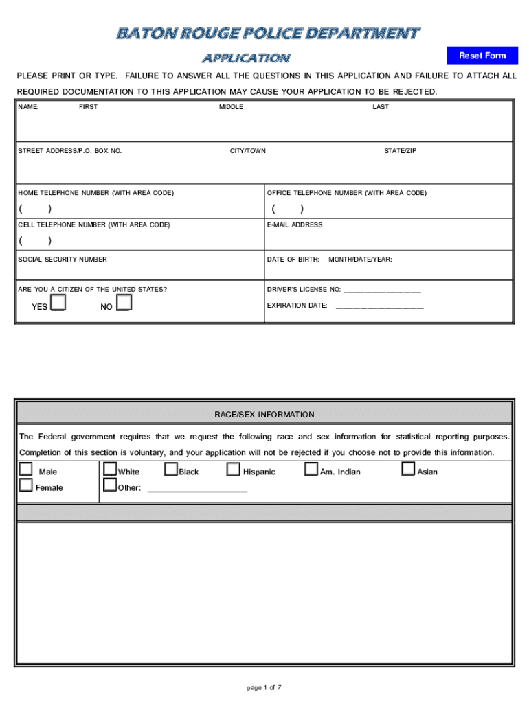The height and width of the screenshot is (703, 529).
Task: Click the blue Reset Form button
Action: point(482,56)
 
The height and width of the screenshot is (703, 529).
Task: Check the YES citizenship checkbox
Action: point(58,302)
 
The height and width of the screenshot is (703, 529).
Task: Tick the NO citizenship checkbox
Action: point(124,302)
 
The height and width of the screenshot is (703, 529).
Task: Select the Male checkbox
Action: point(26,470)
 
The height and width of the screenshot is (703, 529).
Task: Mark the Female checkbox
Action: point(26,485)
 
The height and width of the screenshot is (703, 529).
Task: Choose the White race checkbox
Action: point(110,470)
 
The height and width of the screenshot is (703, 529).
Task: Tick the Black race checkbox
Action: point(171,470)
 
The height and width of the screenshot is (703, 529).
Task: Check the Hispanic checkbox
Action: point(233,470)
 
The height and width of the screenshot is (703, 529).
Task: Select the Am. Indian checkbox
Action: point(311,470)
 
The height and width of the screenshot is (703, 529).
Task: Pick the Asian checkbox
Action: point(409,470)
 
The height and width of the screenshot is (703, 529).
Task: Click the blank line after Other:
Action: point(197,489)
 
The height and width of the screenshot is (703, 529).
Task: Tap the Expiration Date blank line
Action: point(379,306)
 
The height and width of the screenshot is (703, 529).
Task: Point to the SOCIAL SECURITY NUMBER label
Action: point(63,260)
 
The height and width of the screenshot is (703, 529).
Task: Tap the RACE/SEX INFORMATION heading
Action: point(264,415)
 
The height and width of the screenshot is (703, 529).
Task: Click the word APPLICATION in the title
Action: point(245,58)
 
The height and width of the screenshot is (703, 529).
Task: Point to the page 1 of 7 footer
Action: point(264,687)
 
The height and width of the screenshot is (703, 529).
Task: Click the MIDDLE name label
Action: point(232,107)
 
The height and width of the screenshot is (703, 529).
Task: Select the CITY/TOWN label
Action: point(248,151)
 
